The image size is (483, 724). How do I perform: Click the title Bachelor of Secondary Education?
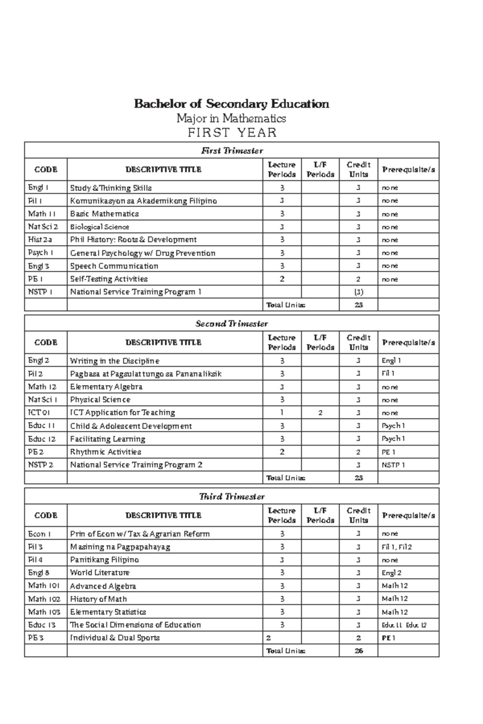click(231, 104)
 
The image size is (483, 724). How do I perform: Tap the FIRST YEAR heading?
click(232, 132)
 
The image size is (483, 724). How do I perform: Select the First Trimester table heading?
click(232, 151)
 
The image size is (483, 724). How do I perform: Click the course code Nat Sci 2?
click(43, 227)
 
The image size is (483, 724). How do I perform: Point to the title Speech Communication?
click(114, 266)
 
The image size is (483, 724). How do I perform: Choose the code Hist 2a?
click(40, 240)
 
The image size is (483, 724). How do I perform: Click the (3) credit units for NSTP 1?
click(358, 292)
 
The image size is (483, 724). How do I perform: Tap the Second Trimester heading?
click(232, 324)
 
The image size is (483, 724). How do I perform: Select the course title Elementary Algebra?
click(106, 387)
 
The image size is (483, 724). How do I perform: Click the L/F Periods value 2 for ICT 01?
click(320, 413)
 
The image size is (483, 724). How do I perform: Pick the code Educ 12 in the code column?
click(42, 439)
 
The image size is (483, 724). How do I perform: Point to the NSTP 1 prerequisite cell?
click(393, 465)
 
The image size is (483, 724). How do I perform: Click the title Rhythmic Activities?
click(105, 452)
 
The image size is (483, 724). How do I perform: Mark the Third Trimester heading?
click(232, 497)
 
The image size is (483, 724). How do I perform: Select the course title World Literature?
click(99, 572)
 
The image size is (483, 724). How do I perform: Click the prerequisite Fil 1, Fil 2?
click(396, 547)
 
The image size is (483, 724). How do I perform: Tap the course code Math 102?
click(44, 599)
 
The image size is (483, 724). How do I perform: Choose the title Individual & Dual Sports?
click(115, 638)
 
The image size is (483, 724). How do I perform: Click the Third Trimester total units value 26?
click(358, 651)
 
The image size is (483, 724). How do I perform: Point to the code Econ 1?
click(39, 534)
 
